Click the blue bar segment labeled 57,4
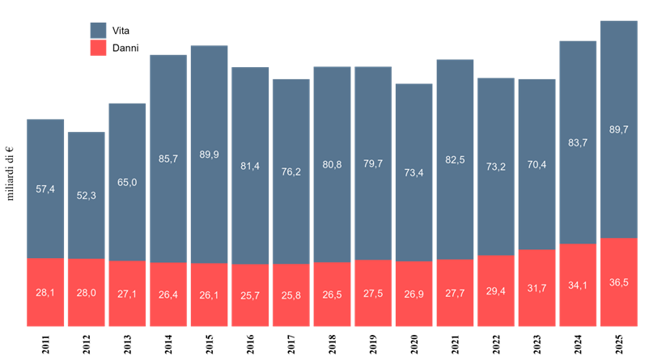[x=45, y=188]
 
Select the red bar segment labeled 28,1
[x=45, y=292]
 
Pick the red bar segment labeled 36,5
[x=618, y=282]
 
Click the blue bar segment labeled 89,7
[x=618, y=129]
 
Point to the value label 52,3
[x=86, y=195]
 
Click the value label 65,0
[x=127, y=182]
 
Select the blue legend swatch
[x=98, y=30]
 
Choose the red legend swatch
[x=98, y=48]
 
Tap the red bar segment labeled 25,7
[x=250, y=295]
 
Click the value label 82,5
[x=455, y=160]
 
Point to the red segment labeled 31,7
[x=537, y=288]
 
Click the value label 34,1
[x=578, y=285]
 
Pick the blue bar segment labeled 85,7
[x=168, y=159]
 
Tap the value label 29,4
[x=495, y=290]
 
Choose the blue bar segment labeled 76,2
[x=291, y=171]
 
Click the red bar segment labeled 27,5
[x=373, y=293]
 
